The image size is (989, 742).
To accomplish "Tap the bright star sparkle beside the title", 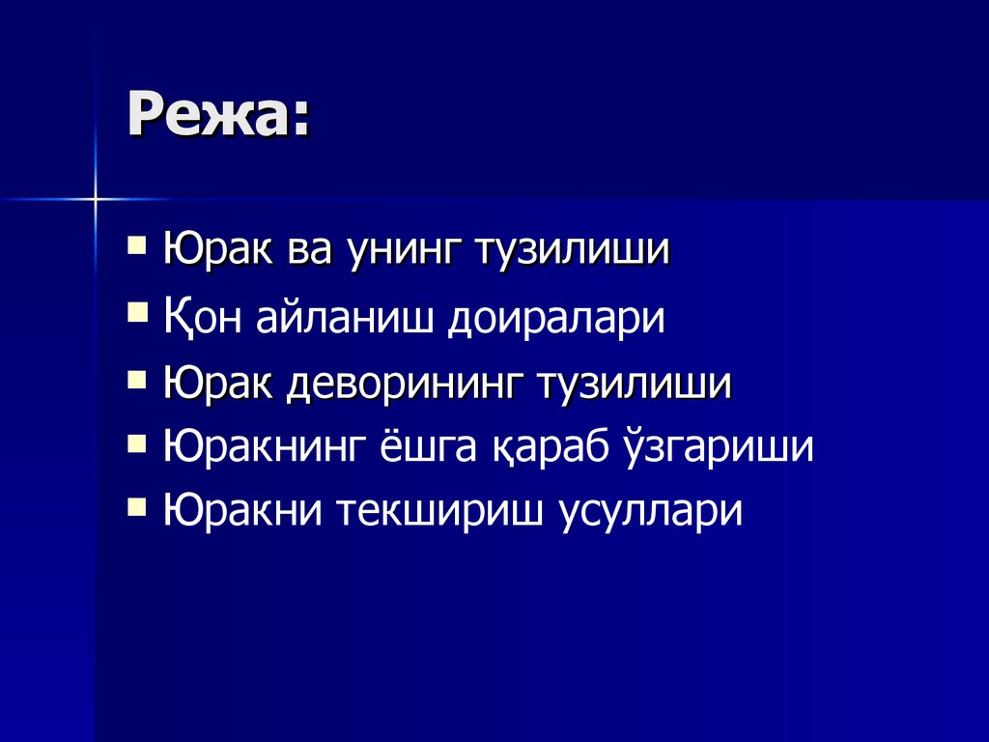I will [97, 199].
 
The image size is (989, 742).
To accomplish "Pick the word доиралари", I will [556, 317].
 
